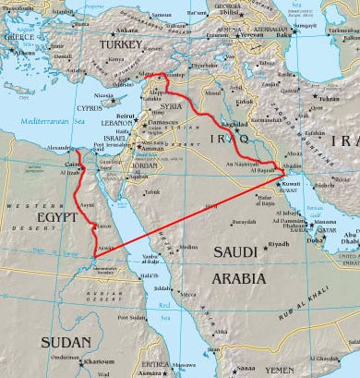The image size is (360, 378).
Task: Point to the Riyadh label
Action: (278, 244)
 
